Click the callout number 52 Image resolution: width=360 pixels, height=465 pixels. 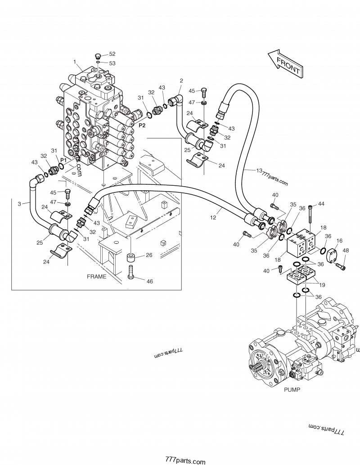pyautogui.click(x=112, y=54)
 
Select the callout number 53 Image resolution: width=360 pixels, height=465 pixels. pyautogui.click(x=112, y=63)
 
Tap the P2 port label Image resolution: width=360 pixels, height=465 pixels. pyautogui.click(x=142, y=125)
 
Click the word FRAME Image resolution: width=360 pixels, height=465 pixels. pyautogui.click(x=96, y=277)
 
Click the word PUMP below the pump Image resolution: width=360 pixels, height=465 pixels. pyautogui.click(x=292, y=390)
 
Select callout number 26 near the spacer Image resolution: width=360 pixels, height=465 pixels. pyautogui.click(x=149, y=255)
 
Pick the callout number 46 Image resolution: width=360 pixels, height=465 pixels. pyautogui.click(x=149, y=281)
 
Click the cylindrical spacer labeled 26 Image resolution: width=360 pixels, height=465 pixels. pyautogui.click(x=130, y=257)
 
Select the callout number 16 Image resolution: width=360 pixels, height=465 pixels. pyautogui.click(x=339, y=241)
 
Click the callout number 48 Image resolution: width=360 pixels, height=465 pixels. pyautogui.click(x=346, y=250)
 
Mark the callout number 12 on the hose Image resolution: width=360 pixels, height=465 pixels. pyautogui.click(x=213, y=217)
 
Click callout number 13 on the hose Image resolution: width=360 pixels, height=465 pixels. pyautogui.click(x=259, y=170)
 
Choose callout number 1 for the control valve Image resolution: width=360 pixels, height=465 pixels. pyautogui.click(x=75, y=62)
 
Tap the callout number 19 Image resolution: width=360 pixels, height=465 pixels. pyautogui.click(x=322, y=285)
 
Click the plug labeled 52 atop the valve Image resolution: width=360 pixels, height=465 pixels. pyautogui.click(x=98, y=56)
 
